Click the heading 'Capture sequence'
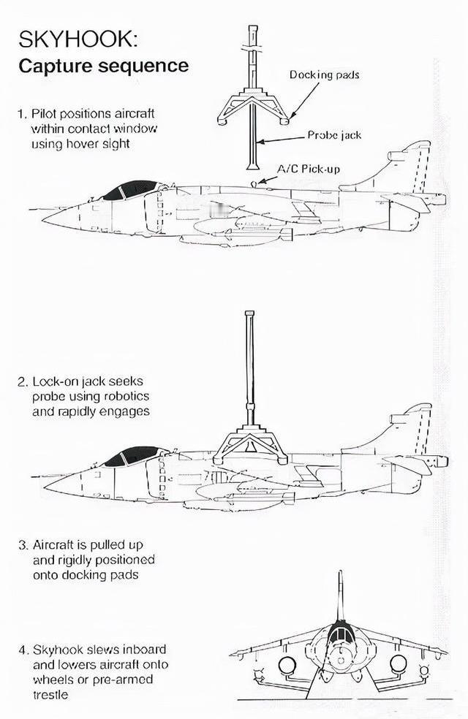103,66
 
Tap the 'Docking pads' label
324,75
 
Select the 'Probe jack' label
334,135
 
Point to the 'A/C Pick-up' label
308,169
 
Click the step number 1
21,114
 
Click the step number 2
22,382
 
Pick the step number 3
22,545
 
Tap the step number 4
23,650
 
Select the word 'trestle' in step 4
49,694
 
